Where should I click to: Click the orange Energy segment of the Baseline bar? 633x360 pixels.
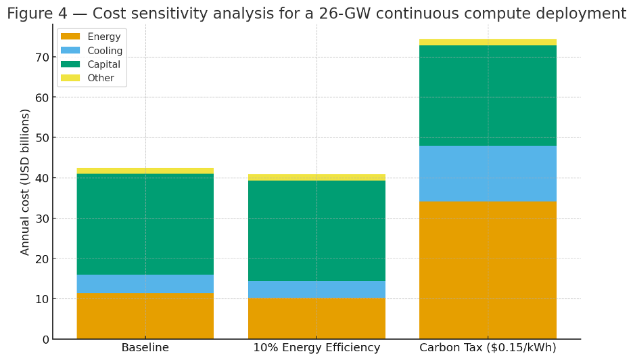[x=145, y=316]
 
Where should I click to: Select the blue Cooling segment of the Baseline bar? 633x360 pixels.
[x=145, y=284]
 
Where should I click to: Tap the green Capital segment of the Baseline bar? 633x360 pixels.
[x=145, y=224]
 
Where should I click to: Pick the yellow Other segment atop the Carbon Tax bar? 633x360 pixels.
[x=488, y=43]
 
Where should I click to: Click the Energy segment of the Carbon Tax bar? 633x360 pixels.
[x=488, y=270]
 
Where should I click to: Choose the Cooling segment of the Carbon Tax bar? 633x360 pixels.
[x=488, y=174]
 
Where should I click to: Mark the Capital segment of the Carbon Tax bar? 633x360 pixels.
[x=488, y=95]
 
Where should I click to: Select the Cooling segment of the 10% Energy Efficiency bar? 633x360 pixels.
[x=316, y=289]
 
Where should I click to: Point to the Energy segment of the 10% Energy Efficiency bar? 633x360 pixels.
[x=316, y=318]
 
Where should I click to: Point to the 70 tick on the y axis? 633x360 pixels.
[x=43, y=57]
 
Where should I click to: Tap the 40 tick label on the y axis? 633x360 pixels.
[x=43, y=178]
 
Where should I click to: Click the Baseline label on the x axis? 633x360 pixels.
[x=145, y=348]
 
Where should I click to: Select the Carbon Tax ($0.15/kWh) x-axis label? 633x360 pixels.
[x=488, y=348]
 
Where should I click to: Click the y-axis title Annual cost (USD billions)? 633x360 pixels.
[x=26, y=181]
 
